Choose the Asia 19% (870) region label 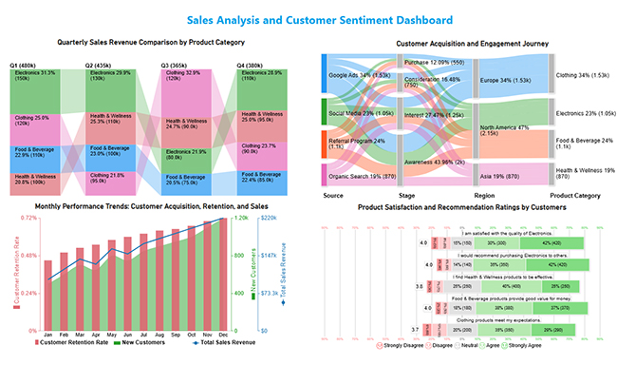[503, 176]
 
